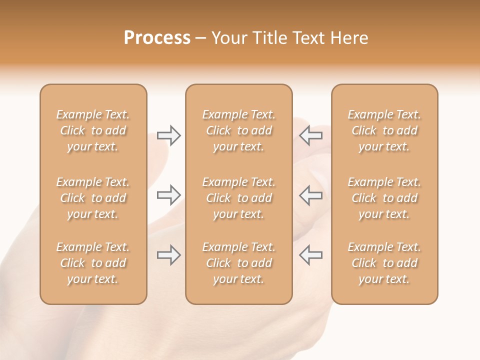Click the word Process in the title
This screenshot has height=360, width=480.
157,38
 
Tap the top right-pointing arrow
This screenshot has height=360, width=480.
168,135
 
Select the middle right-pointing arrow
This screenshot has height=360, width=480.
168,195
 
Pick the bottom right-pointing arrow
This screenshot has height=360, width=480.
168,255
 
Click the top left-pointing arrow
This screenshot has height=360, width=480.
310,135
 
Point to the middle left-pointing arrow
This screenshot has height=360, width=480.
310,195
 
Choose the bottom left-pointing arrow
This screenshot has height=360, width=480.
310,255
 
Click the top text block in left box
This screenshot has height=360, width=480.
93,130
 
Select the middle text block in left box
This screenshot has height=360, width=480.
93,198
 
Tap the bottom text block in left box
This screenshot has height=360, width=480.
93,263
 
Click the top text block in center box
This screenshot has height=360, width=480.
239,130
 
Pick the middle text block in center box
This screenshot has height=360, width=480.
239,198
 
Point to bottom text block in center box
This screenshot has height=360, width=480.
239,263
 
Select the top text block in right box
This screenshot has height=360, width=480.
384,130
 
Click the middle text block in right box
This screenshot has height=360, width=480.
384,198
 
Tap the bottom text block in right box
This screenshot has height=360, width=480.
384,263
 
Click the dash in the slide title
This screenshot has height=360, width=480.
200,38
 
